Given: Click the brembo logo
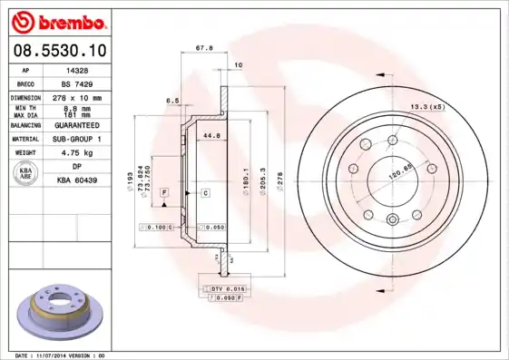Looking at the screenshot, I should point(55,21).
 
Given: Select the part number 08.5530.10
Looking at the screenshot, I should point(55,52).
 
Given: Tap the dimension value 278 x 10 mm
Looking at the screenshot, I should point(75,96).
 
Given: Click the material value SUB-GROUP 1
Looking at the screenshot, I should point(75,139).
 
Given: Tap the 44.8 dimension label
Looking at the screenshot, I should point(210,136).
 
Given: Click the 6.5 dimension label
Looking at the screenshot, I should point(171,101).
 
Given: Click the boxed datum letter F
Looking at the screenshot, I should point(164,193).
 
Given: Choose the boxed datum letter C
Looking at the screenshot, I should point(206,193).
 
